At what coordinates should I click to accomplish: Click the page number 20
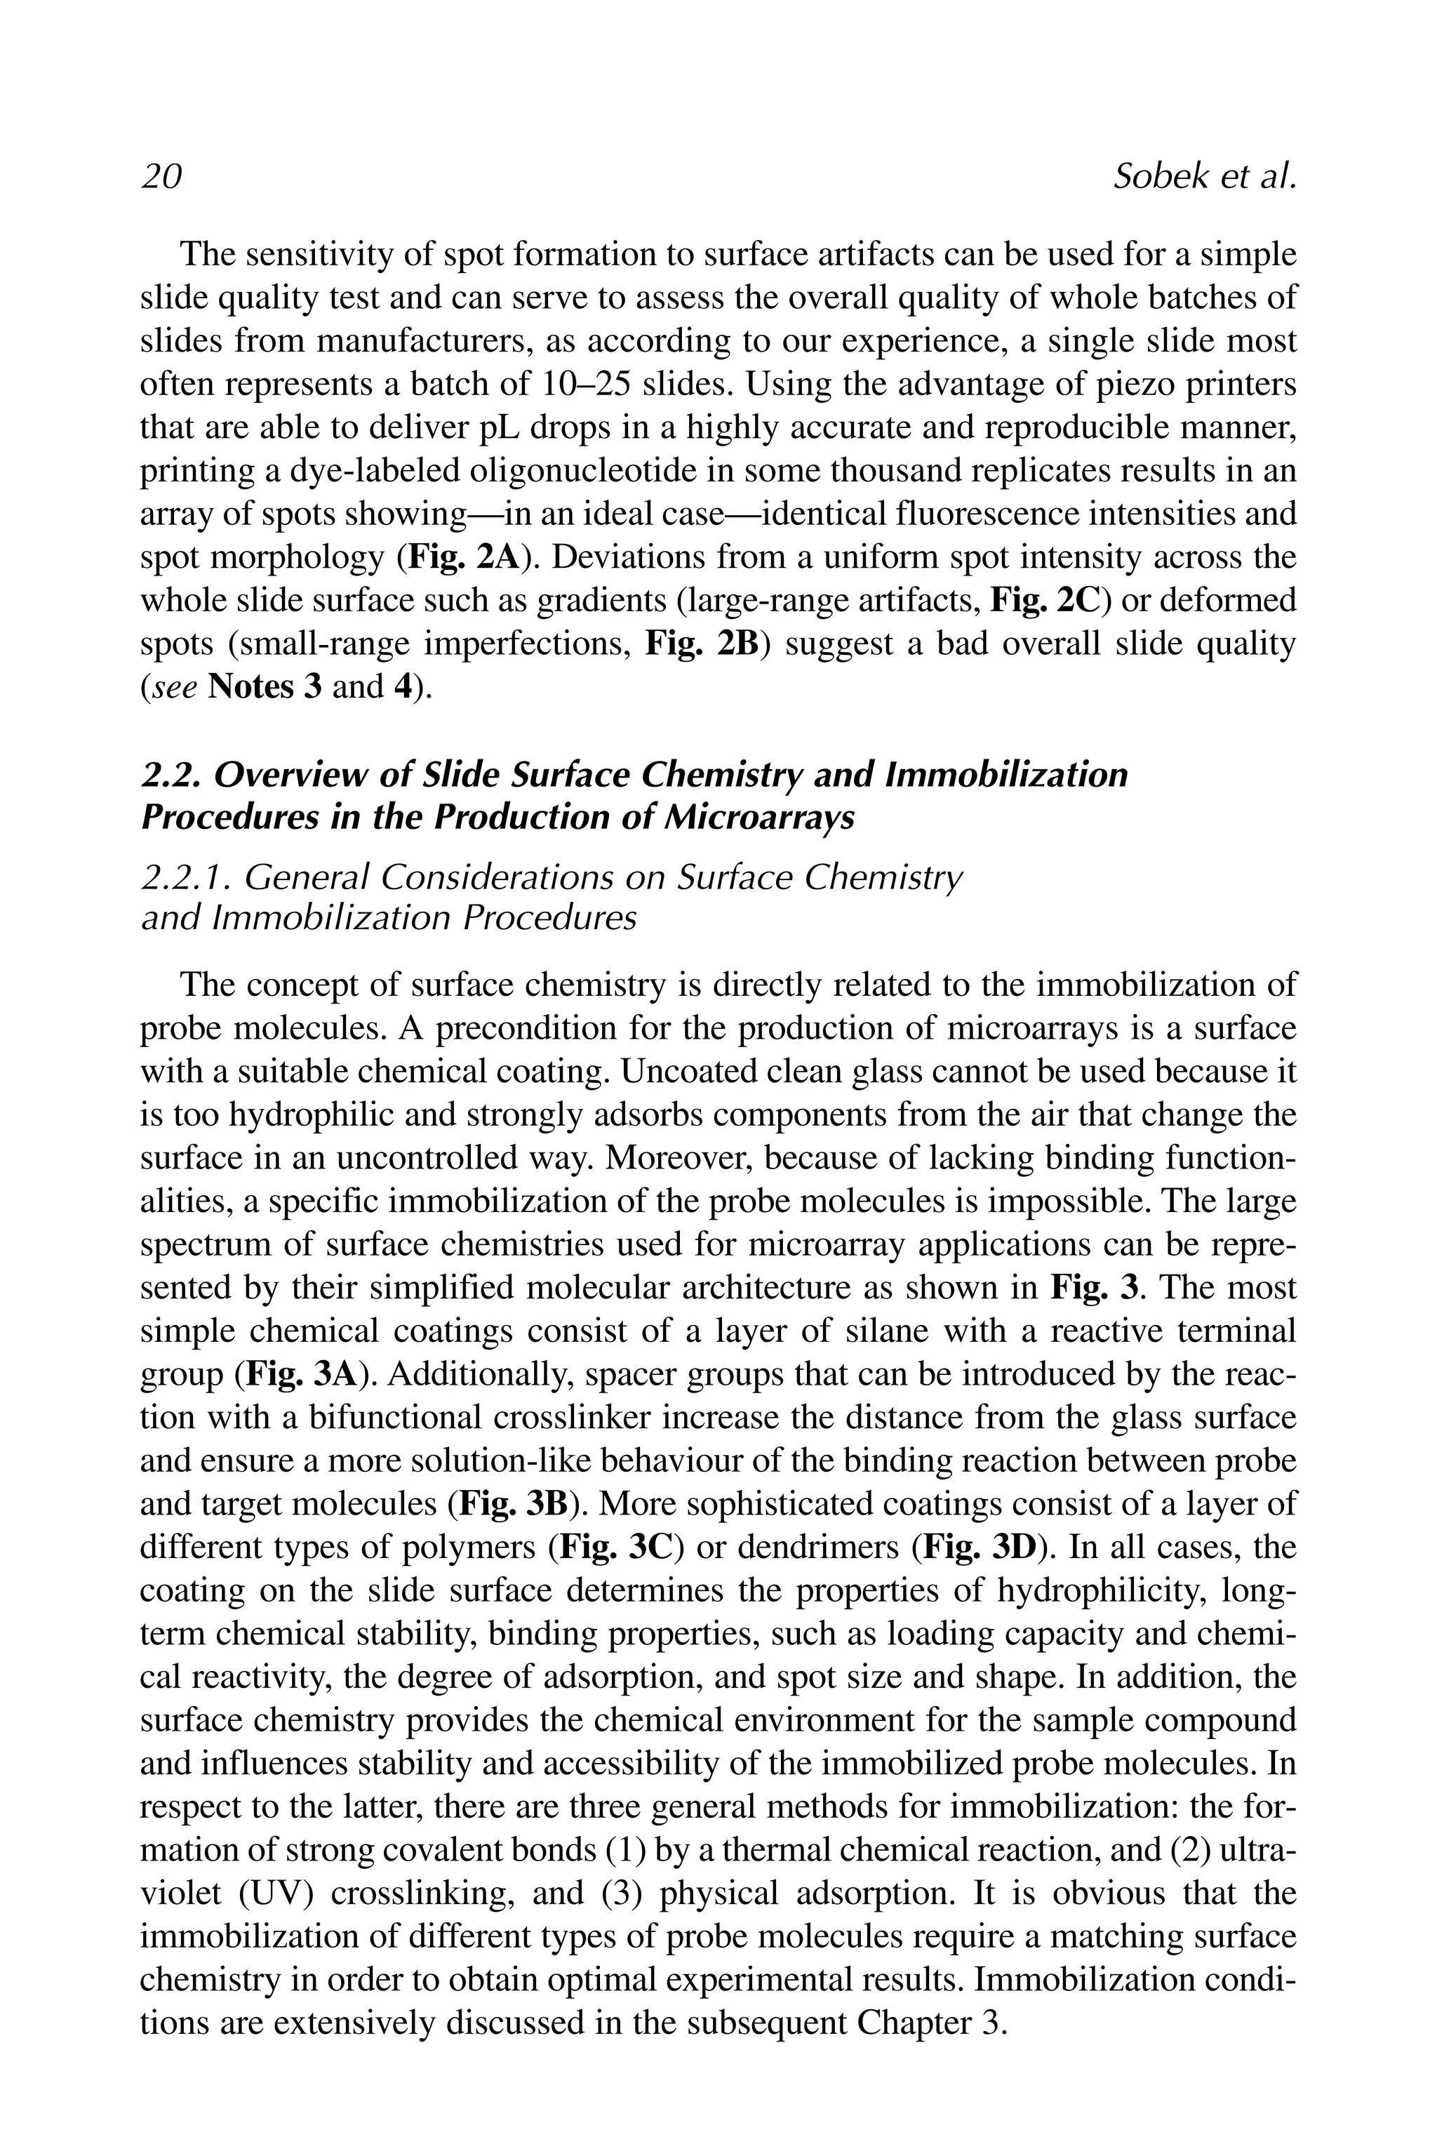tap(161, 176)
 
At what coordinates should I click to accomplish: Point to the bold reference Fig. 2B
tap(703, 644)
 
